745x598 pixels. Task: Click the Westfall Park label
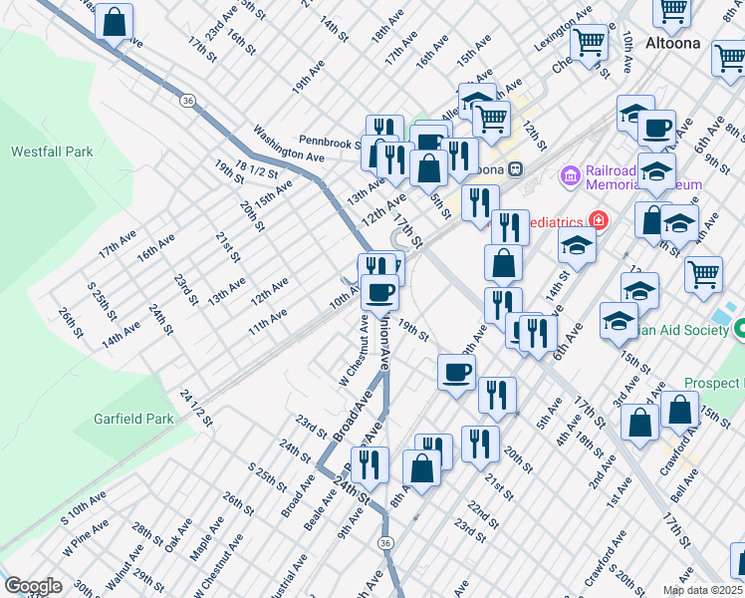point(52,151)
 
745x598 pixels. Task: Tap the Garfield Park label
point(133,419)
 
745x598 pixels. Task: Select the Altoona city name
point(672,44)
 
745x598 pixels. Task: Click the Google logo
point(33,586)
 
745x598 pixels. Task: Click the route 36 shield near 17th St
point(186,100)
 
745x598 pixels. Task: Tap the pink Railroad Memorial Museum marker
point(571,176)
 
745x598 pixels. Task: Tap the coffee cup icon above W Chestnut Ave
point(379,292)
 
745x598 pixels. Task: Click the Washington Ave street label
point(289,144)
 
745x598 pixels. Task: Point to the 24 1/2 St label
point(196,408)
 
